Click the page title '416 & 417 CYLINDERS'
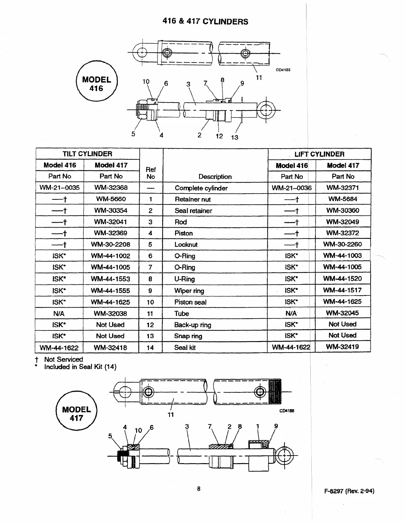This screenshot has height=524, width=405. pyautogui.click(x=205, y=22)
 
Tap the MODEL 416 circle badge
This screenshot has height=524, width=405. pyautogui.click(x=97, y=84)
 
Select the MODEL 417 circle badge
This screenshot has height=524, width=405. pyautogui.click(x=76, y=414)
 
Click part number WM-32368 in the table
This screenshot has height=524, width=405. pyautogui.click(x=111, y=188)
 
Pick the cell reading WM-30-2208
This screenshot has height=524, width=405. pyautogui.click(x=111, y=244)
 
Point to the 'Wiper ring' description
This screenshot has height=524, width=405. pyautogui.click(x=189, y=291)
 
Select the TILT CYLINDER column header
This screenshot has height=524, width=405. pyautogui.click(x=87, y=154)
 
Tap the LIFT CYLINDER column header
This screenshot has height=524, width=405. pyautogui.click(x=319, y=154)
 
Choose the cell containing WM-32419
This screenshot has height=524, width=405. pyautogui.click(x=342, y=347)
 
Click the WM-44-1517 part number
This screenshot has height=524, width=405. pyautogui.click(x=342, y=290)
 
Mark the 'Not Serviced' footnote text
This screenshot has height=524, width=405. pyautogui.click(x=64, y=359)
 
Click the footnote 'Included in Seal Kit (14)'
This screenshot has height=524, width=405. pyautogui.click(x=80, y=367)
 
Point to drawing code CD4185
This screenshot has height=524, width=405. pyautogui.click(x=283, y=70)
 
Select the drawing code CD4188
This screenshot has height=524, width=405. pyautogui.click(x=287, y=411)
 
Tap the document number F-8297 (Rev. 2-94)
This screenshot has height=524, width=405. pyautogui.click(x=349, y=491)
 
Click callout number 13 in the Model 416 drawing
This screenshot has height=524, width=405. pyautogui.click(x=235, y=137)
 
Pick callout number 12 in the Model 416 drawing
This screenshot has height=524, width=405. pyautogui.click(x=219, y=136)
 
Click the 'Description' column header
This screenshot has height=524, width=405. pyautogui.click(x=215, y=177)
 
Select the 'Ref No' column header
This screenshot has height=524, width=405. pyautogui.click(x=151, y=173)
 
